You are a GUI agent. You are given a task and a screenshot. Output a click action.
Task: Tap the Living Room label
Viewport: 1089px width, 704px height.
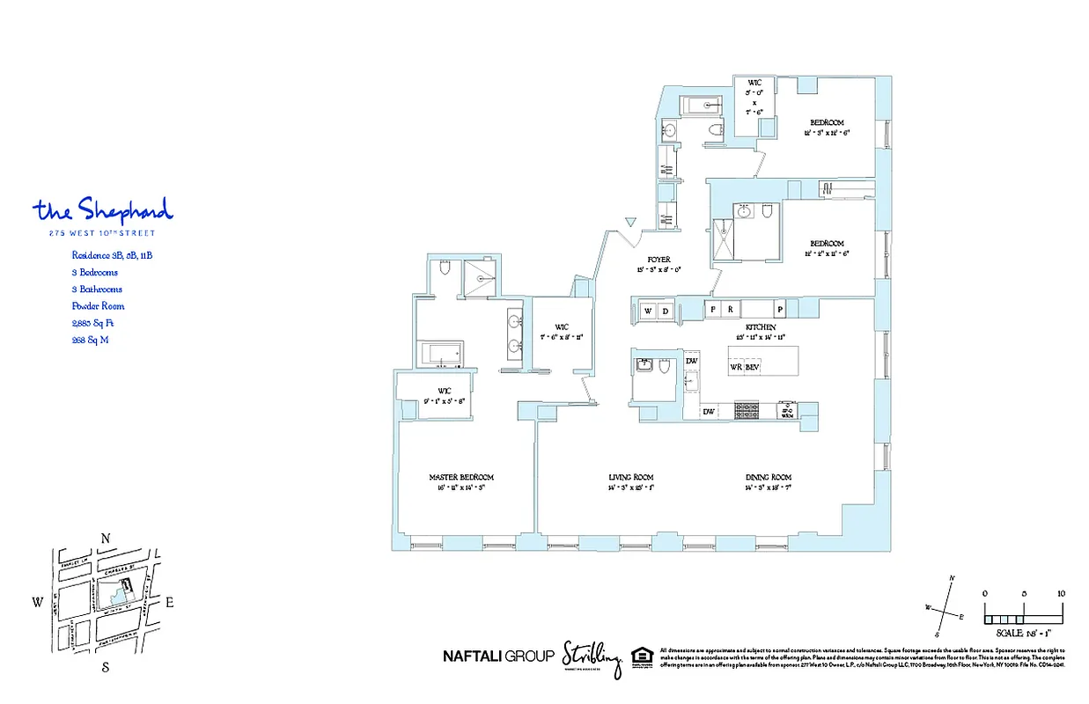[630, 478]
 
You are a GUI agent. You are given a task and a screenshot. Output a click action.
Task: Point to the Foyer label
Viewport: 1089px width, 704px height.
[659, 260]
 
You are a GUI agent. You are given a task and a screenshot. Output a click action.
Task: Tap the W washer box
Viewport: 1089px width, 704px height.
[648, 311]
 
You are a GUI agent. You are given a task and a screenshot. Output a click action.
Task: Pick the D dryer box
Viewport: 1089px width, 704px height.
[666, 311]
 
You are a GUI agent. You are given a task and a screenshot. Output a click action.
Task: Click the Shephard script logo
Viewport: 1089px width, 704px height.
[103, 210]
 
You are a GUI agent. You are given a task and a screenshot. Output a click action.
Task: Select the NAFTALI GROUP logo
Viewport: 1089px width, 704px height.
[497, 656]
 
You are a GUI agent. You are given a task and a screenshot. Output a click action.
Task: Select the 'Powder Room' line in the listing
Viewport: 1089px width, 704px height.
[98, 306]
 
